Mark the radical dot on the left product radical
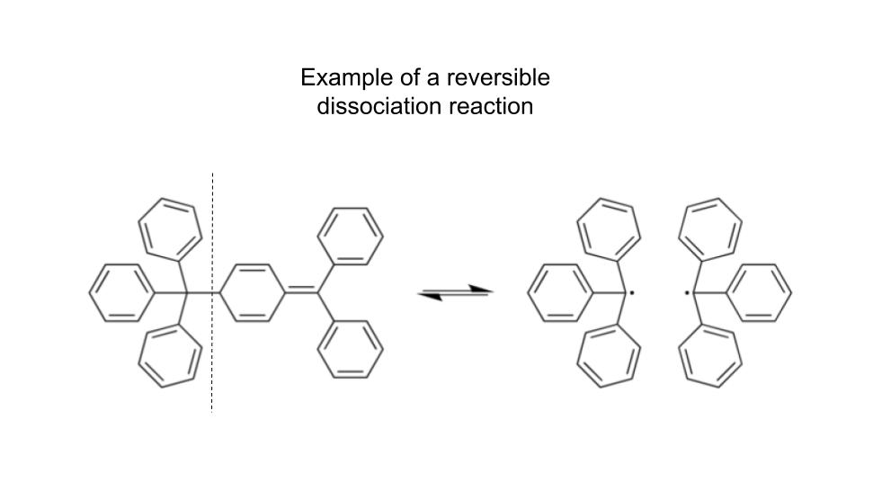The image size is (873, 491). point(632,292)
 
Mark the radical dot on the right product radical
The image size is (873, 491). point(687,292)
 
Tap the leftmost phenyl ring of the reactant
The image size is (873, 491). point(120,292)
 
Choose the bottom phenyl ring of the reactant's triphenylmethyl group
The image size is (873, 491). point(169,356)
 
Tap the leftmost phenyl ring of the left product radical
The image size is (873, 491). point(558,292)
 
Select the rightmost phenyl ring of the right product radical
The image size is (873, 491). point(760,292)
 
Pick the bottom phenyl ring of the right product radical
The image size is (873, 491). point(710,356)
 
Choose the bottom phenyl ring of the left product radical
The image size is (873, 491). point(608,356)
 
